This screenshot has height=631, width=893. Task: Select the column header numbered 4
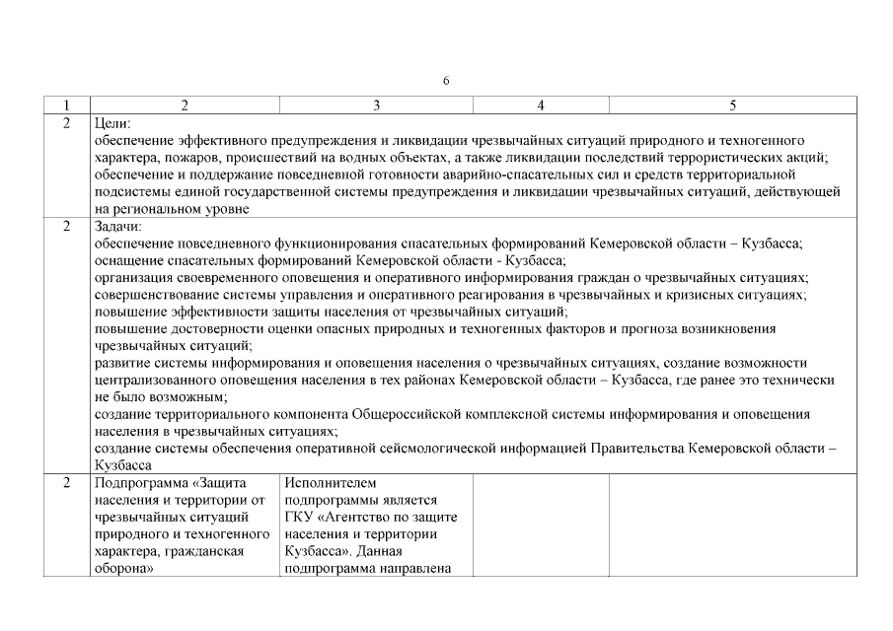tap(541, 105)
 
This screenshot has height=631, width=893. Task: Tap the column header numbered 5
tap(731, 105)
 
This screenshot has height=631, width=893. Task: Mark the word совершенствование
tap(158, 295)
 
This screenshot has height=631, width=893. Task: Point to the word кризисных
tap(691, 295)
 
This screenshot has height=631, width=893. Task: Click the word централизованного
tap(164, 380)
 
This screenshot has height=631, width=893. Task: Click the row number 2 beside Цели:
tap(66, 123)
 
